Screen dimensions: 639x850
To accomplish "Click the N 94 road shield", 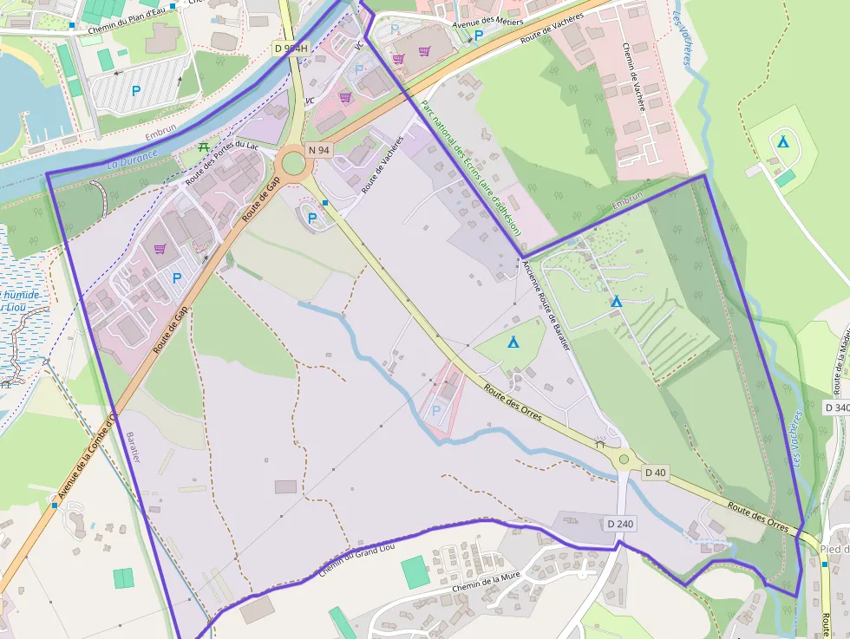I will point(318,150).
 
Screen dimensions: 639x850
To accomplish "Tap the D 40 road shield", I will point(656,473).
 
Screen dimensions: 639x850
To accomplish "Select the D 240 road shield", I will point(621,524).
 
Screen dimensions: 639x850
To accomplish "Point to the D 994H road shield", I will point(291,49).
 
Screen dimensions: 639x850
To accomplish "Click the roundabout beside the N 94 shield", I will point(293,162).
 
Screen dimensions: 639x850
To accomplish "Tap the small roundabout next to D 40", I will point(623,460).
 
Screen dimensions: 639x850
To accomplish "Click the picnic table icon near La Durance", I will point(204,147).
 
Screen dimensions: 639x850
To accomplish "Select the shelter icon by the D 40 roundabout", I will point(599,443).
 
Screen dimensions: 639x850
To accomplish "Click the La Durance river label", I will point(132,159).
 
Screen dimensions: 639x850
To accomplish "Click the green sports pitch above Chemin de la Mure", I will point(415,572).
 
